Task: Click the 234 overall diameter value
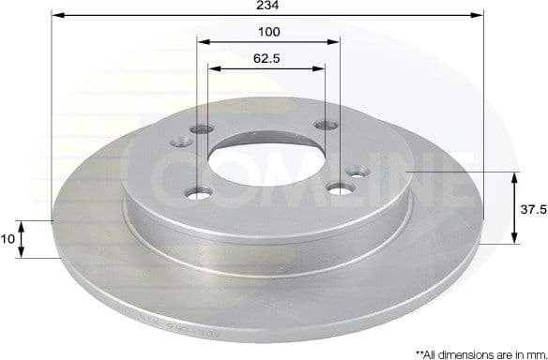tap(270, 6)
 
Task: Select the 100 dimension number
tap(270, 33)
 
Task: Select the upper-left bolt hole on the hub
tap(200, 130)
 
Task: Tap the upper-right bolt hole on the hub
tap(326, 125)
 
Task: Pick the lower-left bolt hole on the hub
tap(196, 194)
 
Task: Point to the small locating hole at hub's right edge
tap(357, 172)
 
